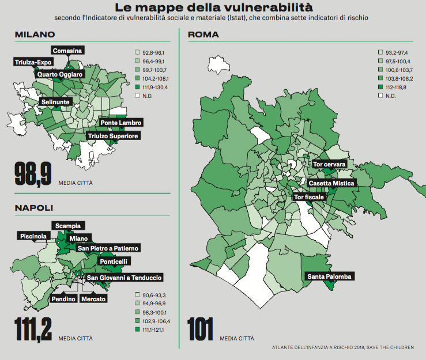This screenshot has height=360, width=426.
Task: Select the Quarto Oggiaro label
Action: pyautogui.click(x=61, y=74)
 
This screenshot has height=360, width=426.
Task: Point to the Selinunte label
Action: pyautogui.click(x=56, y=102)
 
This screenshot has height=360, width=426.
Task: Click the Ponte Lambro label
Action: pyautogui.click(x=121, y=123)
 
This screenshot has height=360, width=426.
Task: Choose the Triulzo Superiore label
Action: pyautogui.click(x=113, y=136)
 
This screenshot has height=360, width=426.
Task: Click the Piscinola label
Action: pyautogui.click(x=34, y=236)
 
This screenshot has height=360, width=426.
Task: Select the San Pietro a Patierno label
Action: pyautogui.click(x=108, y=248)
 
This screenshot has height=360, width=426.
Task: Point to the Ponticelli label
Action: pyautogui.click(x=114, y=262)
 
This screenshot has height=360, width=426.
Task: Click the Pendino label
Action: pyautogui.click(x=63, y=299)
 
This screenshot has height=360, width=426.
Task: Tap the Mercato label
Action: pyautogui.click(x=93, y=299)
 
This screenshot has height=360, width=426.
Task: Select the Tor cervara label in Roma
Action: pyautogui.click(x=329, y=165)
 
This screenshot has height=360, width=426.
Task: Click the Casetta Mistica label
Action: pyautogui.click(x=333, y=183)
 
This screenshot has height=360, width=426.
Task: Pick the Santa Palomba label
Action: pyautogui.click(x=329, y=276)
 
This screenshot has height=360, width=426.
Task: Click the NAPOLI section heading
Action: pyautogui.click(x=34, y=208)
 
